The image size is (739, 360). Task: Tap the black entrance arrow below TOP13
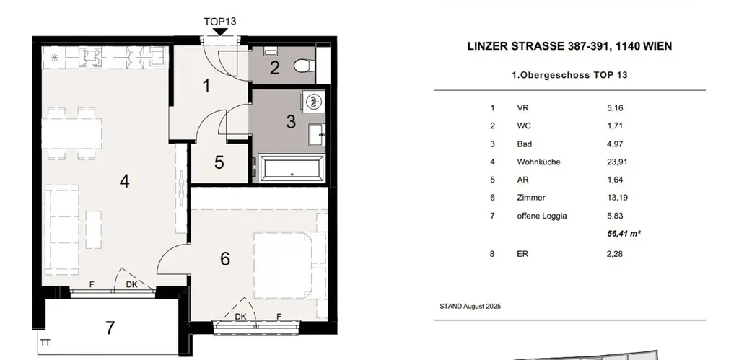point(219,32)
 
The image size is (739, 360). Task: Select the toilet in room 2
point(304,66)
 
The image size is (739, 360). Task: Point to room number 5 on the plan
point(219,162)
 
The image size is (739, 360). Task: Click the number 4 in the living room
point(124,182)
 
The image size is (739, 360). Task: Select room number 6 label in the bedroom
point(225,258)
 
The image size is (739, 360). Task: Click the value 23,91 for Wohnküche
point(618,162)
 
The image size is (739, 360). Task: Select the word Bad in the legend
point(524,144)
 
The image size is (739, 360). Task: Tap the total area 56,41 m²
point(625,234)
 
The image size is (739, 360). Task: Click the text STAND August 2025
point(470,307)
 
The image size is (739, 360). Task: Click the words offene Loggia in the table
point(542,216)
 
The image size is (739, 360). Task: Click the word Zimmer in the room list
point(531,198)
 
